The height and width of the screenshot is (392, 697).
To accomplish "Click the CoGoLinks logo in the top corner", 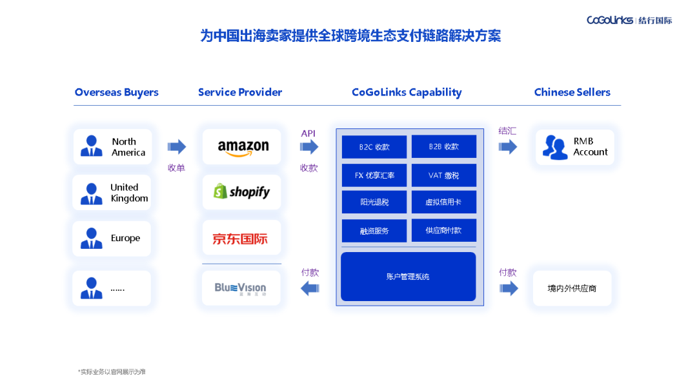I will [x=629, y=20].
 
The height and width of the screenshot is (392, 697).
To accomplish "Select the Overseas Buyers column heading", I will [x=116, y=92].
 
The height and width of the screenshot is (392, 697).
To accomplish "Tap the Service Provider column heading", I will [x=240, y=92].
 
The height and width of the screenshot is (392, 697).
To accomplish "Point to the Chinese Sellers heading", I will [x=572, y=92].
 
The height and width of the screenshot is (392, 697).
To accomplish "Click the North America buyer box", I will [x=112, y=146].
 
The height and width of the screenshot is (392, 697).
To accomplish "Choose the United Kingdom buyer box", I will [x=112, y=193].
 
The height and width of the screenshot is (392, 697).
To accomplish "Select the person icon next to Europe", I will [x=91, y=239].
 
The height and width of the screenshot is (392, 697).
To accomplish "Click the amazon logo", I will [x=243, y=147].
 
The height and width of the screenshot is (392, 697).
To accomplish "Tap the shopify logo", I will [x=242, y=192].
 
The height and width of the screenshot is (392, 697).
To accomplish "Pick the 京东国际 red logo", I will [x=240, y=239].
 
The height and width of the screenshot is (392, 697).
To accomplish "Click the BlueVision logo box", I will [x=241, y=288].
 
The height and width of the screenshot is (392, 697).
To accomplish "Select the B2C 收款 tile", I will [x=374, y=147].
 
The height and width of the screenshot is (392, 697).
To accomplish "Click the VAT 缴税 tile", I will [x=443, y=175].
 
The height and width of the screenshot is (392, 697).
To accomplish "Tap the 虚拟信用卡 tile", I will [x=443, y=202].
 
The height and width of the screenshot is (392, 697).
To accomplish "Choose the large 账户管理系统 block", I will [x=408, y=277].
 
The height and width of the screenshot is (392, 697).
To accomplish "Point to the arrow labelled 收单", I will [x=177, y=147].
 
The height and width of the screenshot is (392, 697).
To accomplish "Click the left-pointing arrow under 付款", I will [x=310, y=288].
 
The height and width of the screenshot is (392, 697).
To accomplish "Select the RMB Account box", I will [x=574, y=147].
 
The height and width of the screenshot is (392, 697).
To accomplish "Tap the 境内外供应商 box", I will [x=572, y=288].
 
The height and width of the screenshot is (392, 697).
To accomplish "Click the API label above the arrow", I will [x=308, y=133].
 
